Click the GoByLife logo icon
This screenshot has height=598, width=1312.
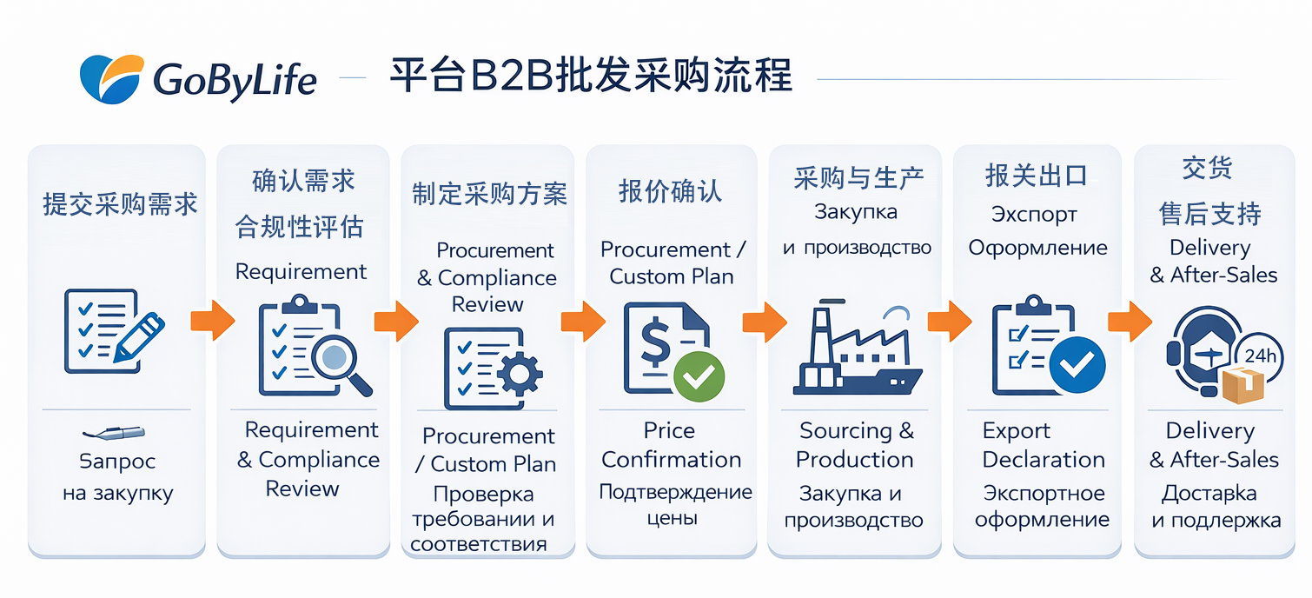[x=110, y=78]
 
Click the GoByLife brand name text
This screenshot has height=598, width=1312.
[x=235, y=81]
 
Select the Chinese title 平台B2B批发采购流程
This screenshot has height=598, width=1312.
[x=590, y=76]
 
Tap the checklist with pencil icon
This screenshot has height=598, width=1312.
[x=113, y=331]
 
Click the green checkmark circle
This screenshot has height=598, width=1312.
[x=699, y=375]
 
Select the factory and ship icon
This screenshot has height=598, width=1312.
[x=855, y=348]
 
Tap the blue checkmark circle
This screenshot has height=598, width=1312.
[x=1077, y=365]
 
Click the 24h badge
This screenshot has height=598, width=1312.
[x=1259, y=355]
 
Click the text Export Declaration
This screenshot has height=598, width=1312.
[x=1043, y=445]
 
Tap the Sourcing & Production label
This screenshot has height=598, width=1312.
[x=855, y=445]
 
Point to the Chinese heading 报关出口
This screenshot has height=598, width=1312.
[x=1037, y=176]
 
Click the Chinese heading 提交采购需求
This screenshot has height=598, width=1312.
[x=120, y=204]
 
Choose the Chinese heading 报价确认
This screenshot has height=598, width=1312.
[x=670, y=191]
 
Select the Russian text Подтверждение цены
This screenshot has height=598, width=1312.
[x=674, y=505]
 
